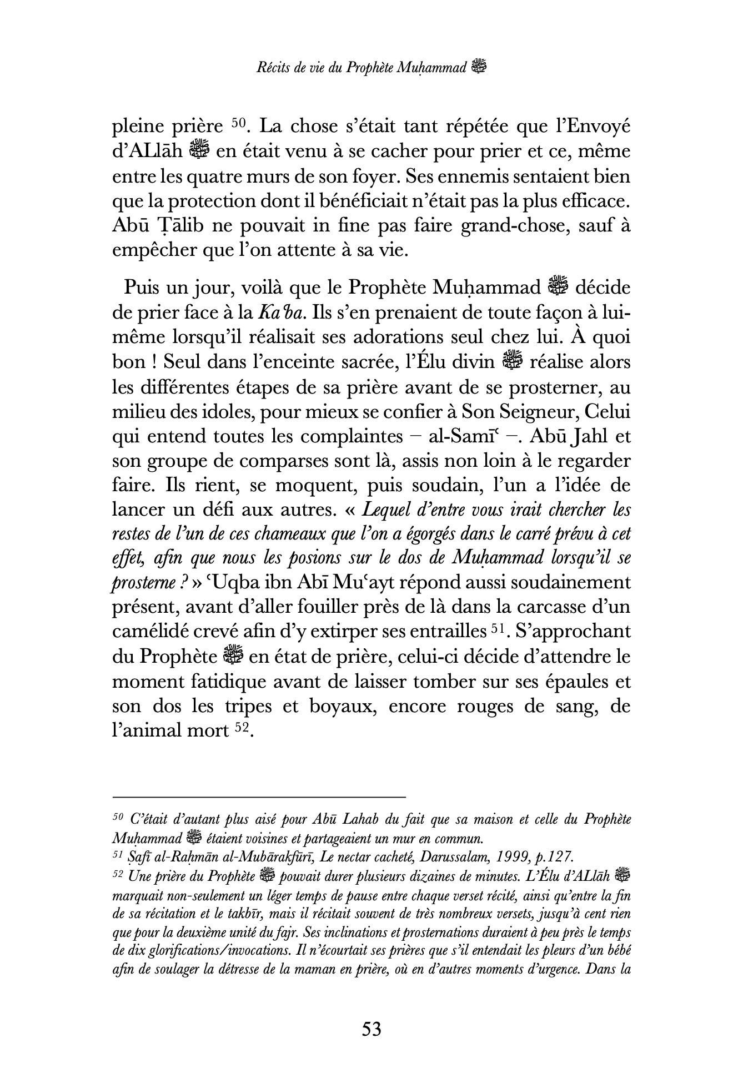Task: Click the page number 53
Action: (x=371, y=1029)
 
